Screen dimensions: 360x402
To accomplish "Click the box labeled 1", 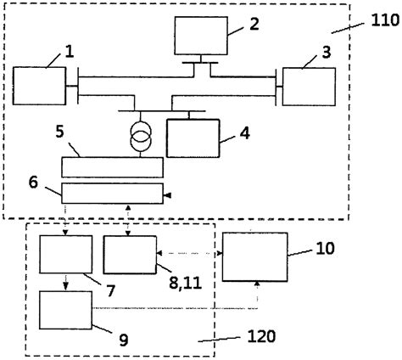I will point(39,87).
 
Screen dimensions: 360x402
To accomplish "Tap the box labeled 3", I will point(308,87).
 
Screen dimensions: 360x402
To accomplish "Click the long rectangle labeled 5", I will point(114,166).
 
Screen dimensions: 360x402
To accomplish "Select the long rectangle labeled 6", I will point(114,193).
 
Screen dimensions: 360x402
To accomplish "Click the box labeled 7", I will point(66,254).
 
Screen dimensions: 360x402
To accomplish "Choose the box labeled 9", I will point(66,309).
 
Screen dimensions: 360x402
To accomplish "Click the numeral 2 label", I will point(253,23).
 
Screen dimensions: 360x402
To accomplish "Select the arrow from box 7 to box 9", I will point(66,281).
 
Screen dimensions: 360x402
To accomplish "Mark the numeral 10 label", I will point(326,249).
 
